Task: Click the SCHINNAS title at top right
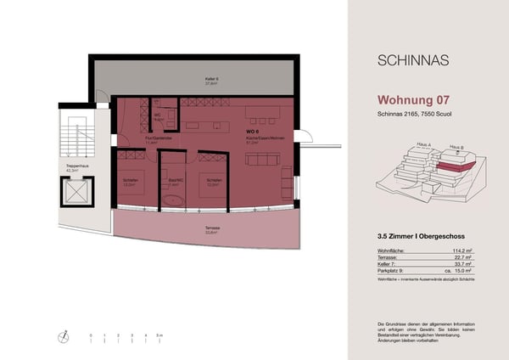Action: pyautogui.click(x=413, y=61)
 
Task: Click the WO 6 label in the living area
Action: pyautogui.click(x=251, y=132)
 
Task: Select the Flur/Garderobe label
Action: pyautogui.click(x=159, y=138)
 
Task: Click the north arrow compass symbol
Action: pyautogui.click(x=63, y=338)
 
